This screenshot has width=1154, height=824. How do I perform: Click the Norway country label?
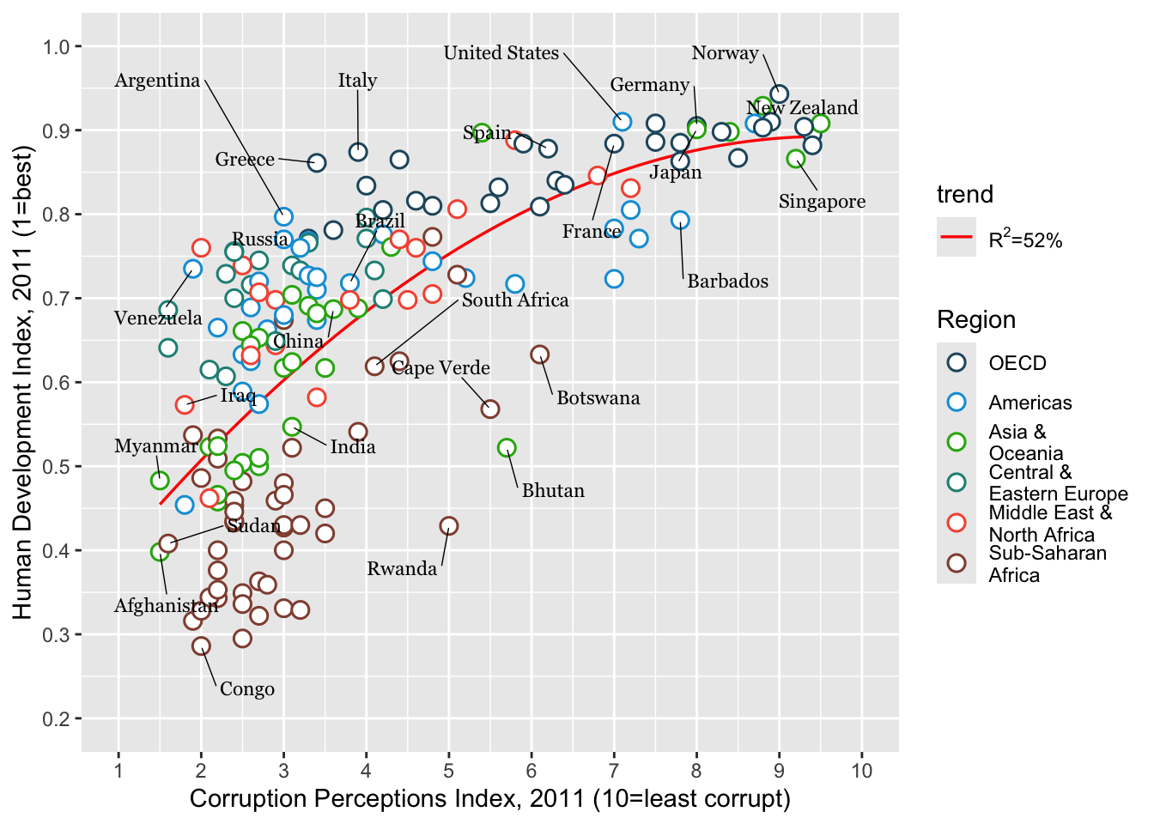click(725, 53)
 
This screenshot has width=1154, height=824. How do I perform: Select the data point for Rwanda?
click(448, 526)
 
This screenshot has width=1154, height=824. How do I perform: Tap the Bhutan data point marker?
click(507, 448)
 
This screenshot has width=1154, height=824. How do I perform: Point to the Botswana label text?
click(598, 398)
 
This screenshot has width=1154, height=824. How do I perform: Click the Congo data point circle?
click(201, 646)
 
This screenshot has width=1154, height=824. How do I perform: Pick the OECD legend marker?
click(957, 362)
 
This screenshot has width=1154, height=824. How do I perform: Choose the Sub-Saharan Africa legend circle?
click(957, 563)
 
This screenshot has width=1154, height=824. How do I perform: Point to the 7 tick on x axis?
click(614, 771)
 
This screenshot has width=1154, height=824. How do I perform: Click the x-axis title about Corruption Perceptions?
click(489, 799)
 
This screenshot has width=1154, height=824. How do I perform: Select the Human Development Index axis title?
click(22, 382)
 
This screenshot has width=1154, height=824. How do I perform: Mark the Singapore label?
click(822, 202)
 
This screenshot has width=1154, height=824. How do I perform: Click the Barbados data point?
click(680, 221)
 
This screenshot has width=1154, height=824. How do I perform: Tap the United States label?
click(501, 53)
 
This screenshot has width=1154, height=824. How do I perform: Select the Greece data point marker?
click(317, 163)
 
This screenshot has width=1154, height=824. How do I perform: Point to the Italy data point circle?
click(358, 152)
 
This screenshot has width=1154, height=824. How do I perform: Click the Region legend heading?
click(975, 320)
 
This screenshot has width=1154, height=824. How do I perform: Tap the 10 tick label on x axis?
click(862, 771)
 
